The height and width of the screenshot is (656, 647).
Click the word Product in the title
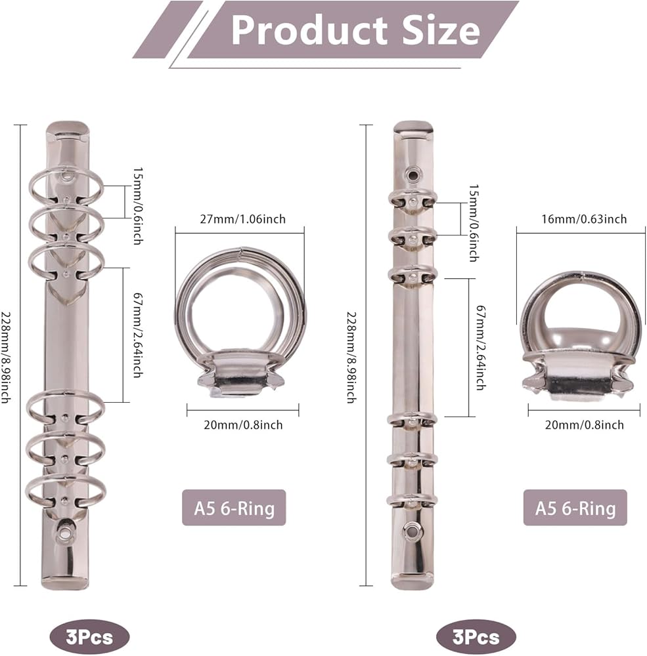(x=309, y=31)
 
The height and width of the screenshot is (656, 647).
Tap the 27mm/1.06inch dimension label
(x=242, y=219)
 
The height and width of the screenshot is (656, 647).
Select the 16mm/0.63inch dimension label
(x=584, y=219)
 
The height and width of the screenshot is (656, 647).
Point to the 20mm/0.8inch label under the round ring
(x=243, y=425)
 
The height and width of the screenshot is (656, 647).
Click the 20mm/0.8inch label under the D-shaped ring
(x=584, y=425)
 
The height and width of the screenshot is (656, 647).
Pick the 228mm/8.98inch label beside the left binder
(x=5, y=358)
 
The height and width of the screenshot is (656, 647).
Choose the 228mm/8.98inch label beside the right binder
(x=351, y=358)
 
